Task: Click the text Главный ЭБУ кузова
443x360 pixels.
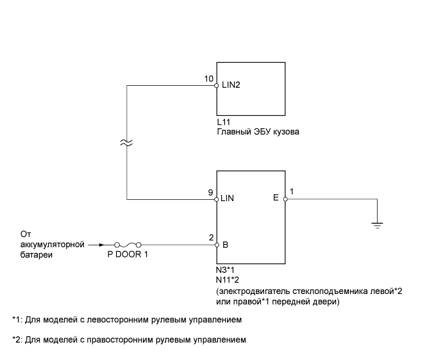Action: [258, 132]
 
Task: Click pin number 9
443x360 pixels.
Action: [212, 192]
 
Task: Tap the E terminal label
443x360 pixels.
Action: [276, 199]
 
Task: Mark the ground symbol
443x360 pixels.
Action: [378, 224]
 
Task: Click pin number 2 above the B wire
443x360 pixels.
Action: [212, 237]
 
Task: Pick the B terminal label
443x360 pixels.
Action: [225, 245]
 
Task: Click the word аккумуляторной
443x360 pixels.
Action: [48, 243]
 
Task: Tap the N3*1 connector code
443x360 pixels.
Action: [226, 272]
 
